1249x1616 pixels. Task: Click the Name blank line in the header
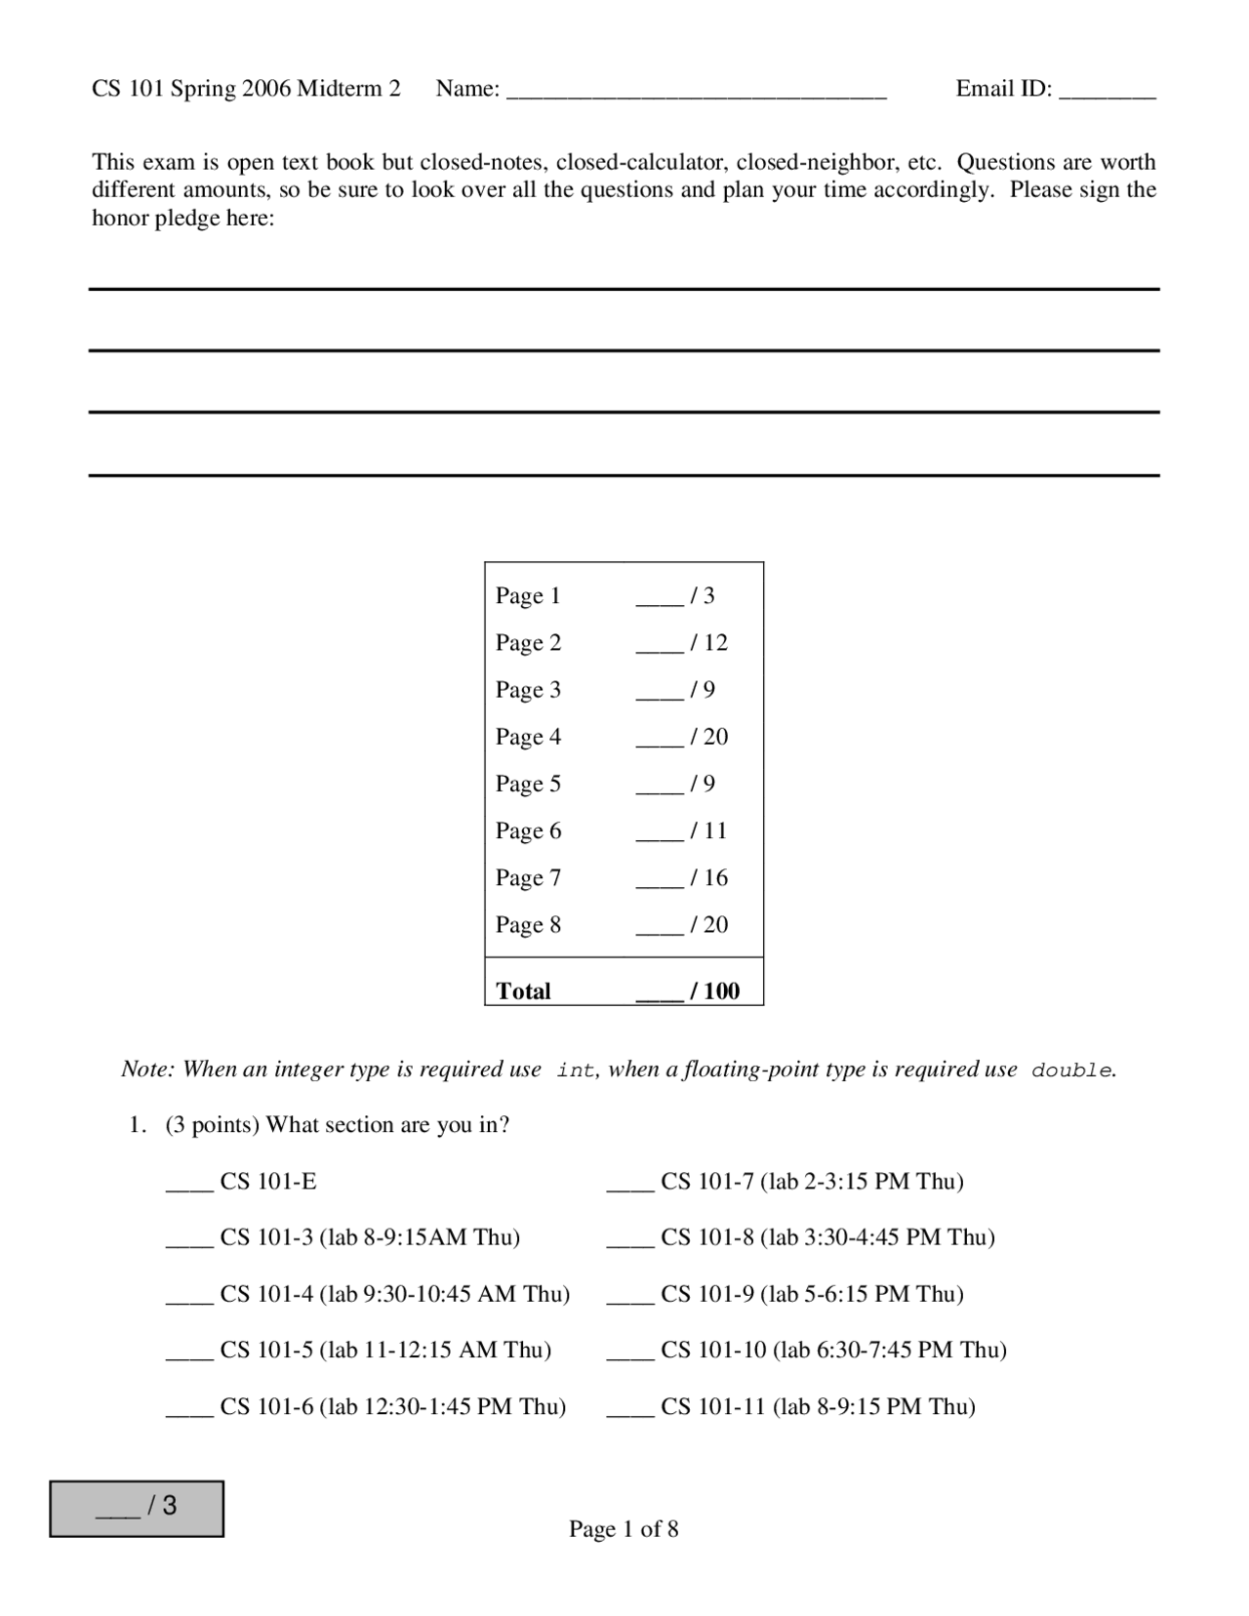point(697,96)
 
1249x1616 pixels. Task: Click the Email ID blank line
point(1107,96)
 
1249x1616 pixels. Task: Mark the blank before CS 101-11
point(630,1414)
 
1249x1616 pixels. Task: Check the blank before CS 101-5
point(189,1357)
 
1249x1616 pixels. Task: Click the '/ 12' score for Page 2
point(709,642)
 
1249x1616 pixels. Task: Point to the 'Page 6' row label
point(528,830)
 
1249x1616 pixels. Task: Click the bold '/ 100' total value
point(715,990)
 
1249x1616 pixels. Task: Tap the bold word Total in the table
point(523,990)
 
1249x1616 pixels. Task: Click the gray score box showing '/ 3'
point(137,1508)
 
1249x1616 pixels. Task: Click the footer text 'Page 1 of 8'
point(624,1528)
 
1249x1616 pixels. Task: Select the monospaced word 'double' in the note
point(1071,1071)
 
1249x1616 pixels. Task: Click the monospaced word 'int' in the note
point(576,1071)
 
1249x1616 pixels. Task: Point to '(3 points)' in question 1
point(212,1124)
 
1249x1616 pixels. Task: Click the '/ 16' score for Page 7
point(709,877)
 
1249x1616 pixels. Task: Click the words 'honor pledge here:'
point(183,218)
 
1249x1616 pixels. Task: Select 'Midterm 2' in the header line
point(348,89)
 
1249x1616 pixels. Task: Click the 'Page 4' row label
point(528,737)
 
